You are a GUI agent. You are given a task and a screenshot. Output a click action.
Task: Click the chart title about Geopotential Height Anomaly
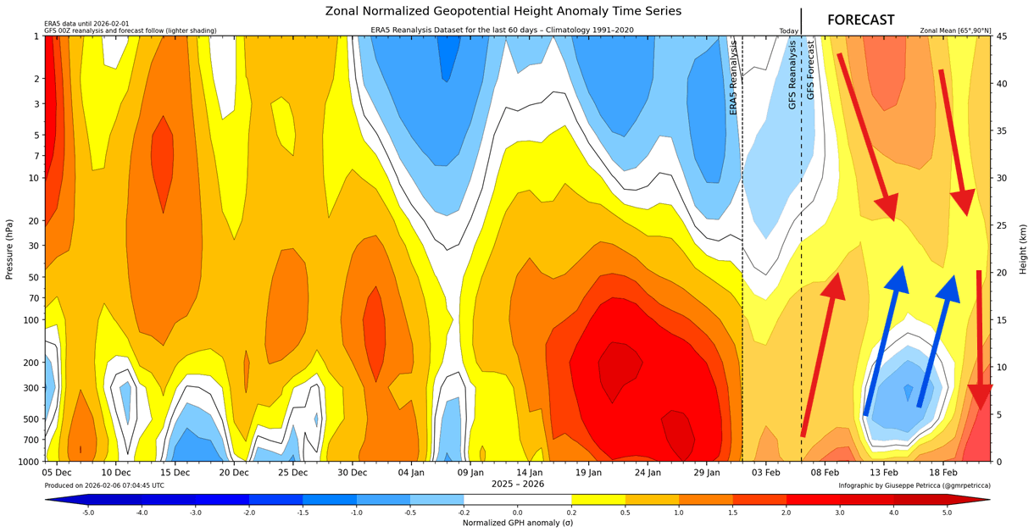503,11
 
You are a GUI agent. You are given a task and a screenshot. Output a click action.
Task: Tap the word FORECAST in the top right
860,19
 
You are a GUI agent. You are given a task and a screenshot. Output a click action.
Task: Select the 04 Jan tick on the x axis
411,472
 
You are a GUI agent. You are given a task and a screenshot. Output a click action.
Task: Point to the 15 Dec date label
175,472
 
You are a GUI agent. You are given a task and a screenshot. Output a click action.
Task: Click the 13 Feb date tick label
883,472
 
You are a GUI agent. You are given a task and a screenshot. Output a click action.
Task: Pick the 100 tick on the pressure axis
32,320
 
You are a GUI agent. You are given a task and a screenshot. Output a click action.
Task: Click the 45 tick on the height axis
1001,36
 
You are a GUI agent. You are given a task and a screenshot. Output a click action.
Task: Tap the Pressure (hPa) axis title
10,249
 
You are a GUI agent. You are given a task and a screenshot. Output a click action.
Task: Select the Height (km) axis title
1023,249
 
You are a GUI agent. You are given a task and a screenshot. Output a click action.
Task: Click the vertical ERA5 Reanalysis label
734,78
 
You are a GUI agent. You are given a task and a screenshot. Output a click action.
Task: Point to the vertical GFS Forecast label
810,69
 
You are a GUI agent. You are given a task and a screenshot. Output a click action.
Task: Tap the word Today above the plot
788,31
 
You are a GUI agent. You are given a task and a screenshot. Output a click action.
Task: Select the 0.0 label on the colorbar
517,513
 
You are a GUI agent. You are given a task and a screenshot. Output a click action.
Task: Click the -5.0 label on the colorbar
88,513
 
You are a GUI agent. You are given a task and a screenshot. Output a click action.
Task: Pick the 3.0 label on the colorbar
838,513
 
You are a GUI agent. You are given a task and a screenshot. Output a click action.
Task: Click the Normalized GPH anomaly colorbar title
517,523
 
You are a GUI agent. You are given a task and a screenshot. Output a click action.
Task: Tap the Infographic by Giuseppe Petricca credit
914,485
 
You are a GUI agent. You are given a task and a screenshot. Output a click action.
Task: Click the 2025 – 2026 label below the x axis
517,484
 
